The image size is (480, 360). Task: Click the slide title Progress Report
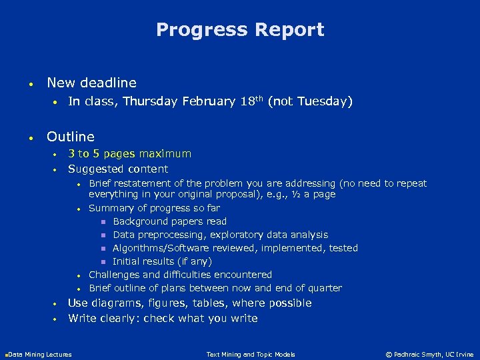click(240, 30)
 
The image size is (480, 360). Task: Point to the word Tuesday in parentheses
click(323, 102)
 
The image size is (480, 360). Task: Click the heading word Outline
click(71, 137)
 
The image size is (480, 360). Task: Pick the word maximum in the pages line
click(165, 154)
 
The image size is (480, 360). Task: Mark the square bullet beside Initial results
click(103, 262)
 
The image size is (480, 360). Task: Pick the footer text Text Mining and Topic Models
click(251, 354)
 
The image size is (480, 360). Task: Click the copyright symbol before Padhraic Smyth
click(389, 354)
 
